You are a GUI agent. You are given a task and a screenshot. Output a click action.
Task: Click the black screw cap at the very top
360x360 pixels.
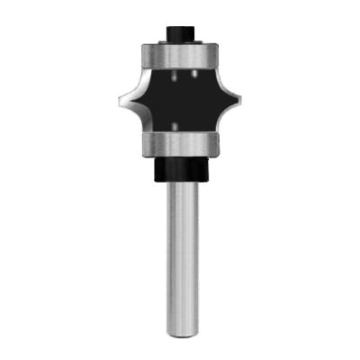(180, 31)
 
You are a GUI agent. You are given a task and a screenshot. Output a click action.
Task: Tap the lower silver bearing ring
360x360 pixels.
(180, 143)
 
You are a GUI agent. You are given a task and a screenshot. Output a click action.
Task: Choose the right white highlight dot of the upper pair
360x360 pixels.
(193, 74)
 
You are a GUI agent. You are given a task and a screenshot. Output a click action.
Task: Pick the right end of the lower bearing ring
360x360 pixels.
(218, 143)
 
